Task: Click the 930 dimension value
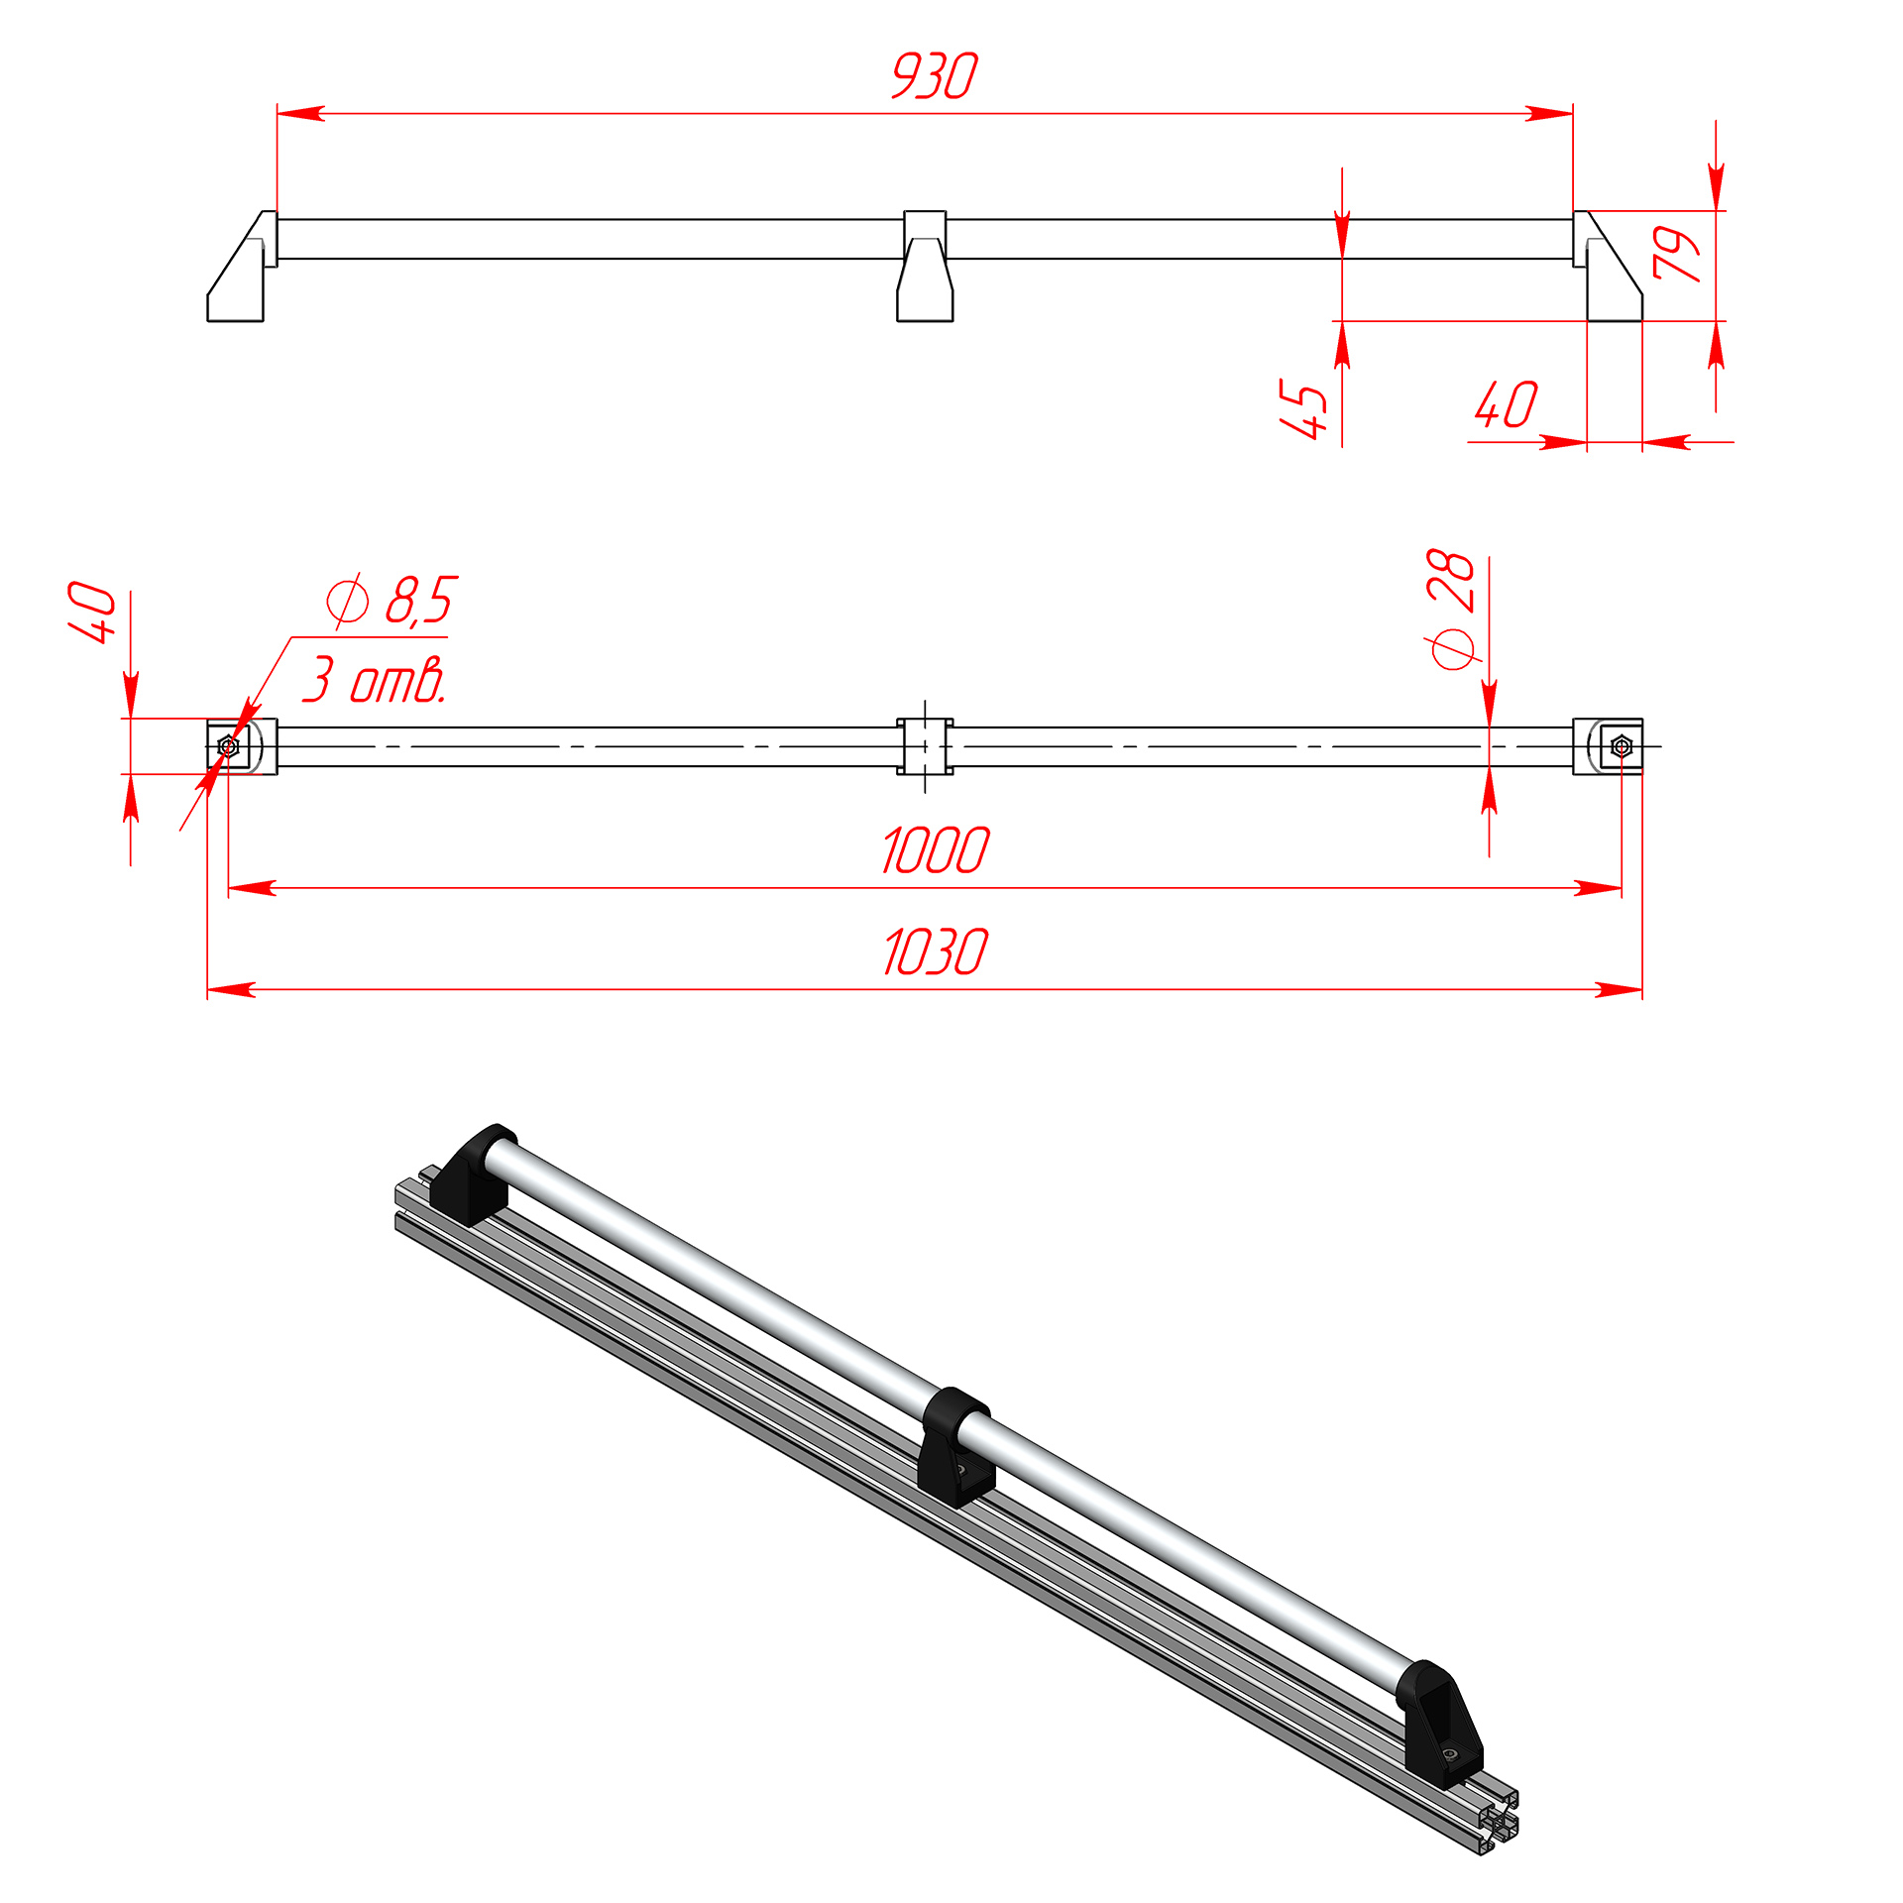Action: pos(935,76)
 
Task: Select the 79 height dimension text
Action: pos(1676,254)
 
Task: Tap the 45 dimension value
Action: pos(1303,407)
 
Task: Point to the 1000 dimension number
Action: pos(936,850)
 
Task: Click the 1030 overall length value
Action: pos(936,952)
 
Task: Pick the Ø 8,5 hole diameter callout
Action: pos(392,600)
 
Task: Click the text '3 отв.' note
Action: pos(375,680)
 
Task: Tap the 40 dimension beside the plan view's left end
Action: pos(92,613)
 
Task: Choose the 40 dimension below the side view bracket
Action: pos(1507,404)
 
